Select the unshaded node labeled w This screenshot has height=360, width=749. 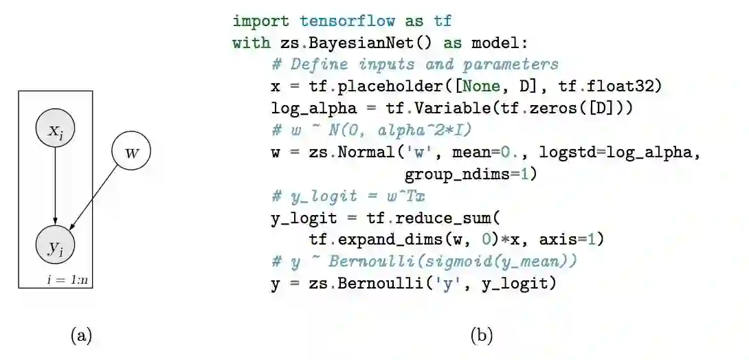click(131, 152)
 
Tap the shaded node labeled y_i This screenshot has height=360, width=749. click(55, 245)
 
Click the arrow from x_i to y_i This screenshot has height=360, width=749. click(55, 185)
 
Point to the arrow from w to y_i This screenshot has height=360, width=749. click(100, 196)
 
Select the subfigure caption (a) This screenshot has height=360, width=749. click(81, 335)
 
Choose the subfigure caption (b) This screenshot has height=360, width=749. click(481, 335)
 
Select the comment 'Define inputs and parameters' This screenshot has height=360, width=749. click(415, 65)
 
